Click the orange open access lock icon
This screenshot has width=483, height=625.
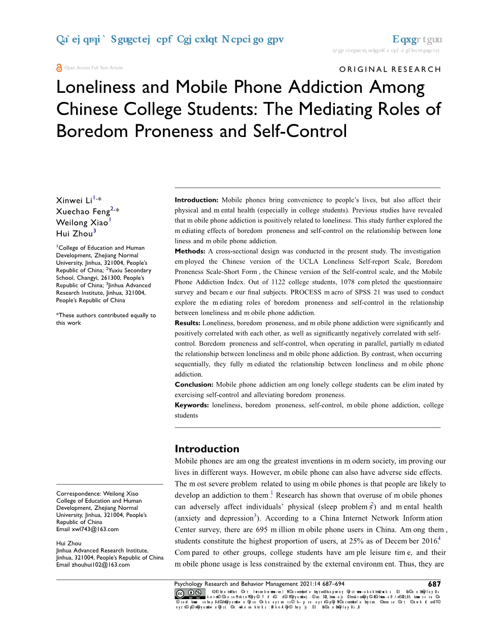point(59,67)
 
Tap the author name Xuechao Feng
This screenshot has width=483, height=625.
point(83,212)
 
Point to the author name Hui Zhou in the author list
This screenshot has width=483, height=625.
point(74,233)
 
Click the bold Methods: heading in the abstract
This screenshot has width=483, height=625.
point(190,251)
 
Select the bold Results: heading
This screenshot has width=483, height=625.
point(187,323)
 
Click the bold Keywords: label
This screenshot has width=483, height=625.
point(192,405)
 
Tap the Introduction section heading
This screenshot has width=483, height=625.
point(206,448)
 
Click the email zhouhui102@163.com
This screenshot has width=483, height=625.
point(101,565)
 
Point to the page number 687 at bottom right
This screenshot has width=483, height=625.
point(434,584)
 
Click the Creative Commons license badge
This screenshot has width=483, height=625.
point(189,594)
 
